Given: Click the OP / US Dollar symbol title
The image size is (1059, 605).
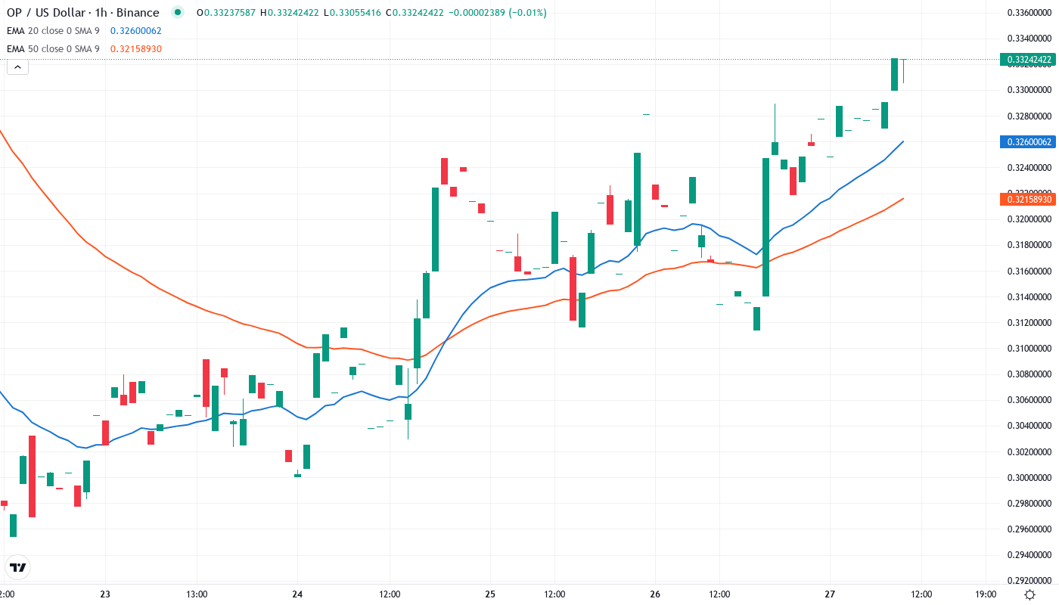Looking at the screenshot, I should coord(83,12).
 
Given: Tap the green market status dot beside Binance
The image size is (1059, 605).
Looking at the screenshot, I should coord(177,12).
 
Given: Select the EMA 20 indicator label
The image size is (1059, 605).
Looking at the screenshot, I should coord(53,30).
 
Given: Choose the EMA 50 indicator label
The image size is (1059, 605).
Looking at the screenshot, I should coord(53,48).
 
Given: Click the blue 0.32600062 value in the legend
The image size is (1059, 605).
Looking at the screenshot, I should coord(135,30).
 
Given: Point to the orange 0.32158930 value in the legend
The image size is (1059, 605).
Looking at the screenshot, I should coord(135,48).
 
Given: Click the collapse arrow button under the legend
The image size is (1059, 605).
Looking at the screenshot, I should coord(17,67).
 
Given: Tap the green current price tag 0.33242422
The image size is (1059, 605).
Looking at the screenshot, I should coord(1026,59).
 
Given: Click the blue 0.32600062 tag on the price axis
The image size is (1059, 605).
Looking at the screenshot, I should coord(1026,141).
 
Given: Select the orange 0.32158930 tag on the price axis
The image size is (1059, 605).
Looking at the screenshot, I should coord(1026,199).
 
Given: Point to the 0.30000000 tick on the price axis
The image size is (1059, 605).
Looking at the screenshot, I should coord(1026,478).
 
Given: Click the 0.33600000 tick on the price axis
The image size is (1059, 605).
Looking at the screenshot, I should coord(1026,12).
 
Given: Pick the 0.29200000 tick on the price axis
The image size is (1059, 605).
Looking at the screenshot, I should coord(1026,581).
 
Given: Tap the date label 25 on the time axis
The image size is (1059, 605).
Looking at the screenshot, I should coord(490,594).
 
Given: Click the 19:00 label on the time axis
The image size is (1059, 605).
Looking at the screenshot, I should coord(986,594).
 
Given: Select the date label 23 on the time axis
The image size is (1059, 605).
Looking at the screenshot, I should coord(105,594).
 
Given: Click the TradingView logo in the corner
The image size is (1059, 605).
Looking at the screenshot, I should coord(18,566).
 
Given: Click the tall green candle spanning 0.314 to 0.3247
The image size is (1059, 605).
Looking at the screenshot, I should coord(766,227).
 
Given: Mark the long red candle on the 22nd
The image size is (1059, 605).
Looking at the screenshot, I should coord(33,476).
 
